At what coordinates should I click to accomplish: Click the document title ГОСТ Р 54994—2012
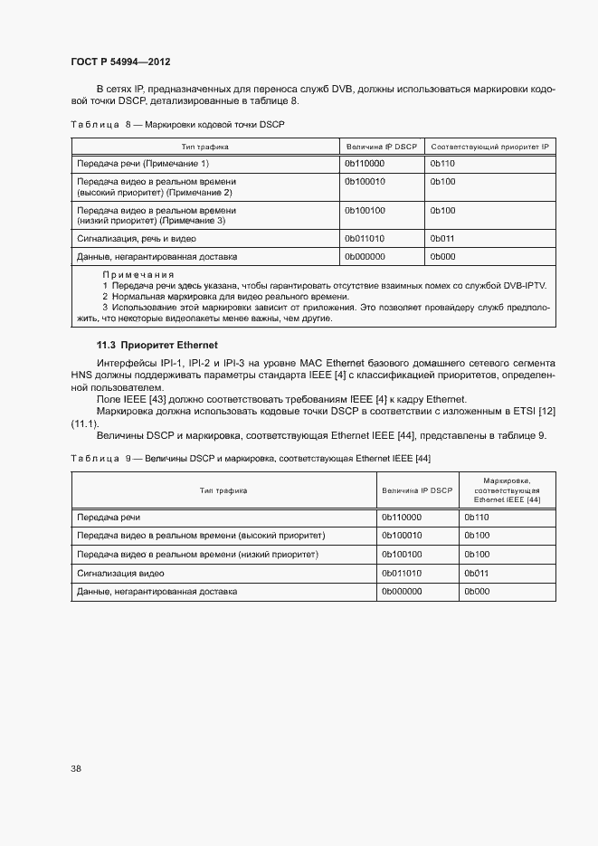(120, 62)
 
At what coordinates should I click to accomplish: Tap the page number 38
(76, 768)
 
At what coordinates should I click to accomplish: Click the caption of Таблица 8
(177, 123)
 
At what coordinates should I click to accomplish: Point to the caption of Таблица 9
(251, 458)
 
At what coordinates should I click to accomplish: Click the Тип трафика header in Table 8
(204, 146)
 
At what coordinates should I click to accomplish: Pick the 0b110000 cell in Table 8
(365, 163)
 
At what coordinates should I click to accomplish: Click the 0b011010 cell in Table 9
(402, 573)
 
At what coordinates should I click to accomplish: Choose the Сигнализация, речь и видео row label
(137, 239)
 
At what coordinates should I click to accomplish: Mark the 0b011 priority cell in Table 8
(442, 239)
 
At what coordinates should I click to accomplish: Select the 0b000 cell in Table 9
(477, 592)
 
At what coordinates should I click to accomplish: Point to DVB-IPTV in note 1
(520, 285)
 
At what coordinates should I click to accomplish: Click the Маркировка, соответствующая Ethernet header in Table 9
(507, 490)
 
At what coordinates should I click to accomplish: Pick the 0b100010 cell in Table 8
(365, 182)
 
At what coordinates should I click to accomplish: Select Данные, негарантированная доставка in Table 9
(157, 592)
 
